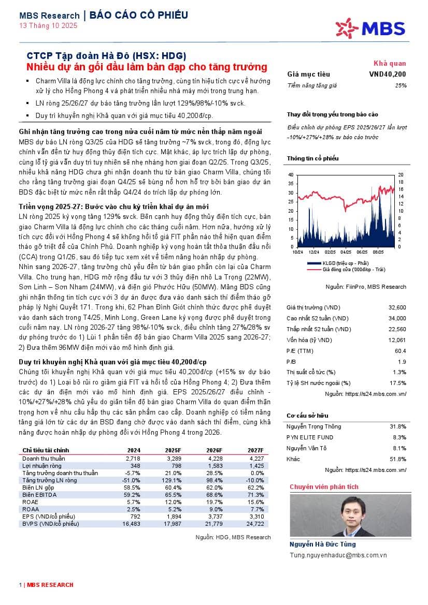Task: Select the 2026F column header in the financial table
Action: coord(214,450)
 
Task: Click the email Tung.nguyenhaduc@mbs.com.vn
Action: coord(338,555)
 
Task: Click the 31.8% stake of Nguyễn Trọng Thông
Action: coord(397,426)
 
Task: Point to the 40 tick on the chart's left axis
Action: coord(291,175)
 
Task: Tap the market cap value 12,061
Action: coord(397,340)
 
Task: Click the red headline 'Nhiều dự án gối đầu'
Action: coord(147,67)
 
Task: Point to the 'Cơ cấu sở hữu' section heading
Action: coord(307,416)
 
